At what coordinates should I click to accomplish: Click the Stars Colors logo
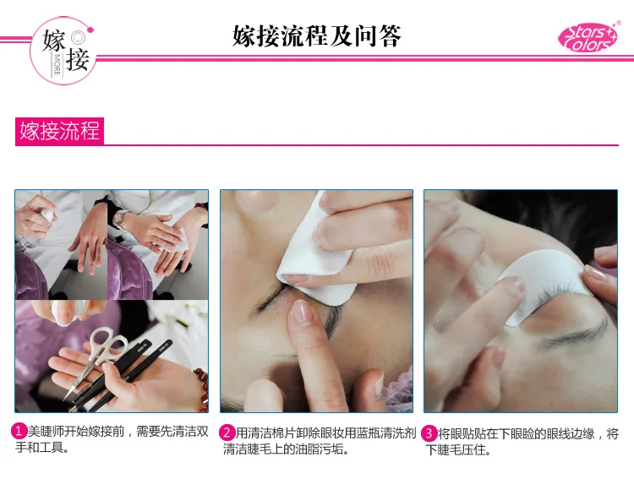[588, 37]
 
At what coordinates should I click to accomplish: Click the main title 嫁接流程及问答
[317, 36]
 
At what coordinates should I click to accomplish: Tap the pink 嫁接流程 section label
[59, 131]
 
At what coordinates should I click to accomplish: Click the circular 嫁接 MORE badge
[63, 51]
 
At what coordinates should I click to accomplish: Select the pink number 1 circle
[19, 432]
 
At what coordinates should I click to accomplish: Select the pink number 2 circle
[227, 433]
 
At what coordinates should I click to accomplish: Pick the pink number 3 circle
[429, 433]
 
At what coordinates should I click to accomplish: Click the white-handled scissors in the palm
[98, 357]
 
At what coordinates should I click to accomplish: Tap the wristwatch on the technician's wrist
[118, 219]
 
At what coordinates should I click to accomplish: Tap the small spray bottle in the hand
[46, 215]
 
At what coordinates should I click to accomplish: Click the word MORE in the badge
[57, 65]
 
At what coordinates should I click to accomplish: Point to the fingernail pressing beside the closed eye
[300, 311]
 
